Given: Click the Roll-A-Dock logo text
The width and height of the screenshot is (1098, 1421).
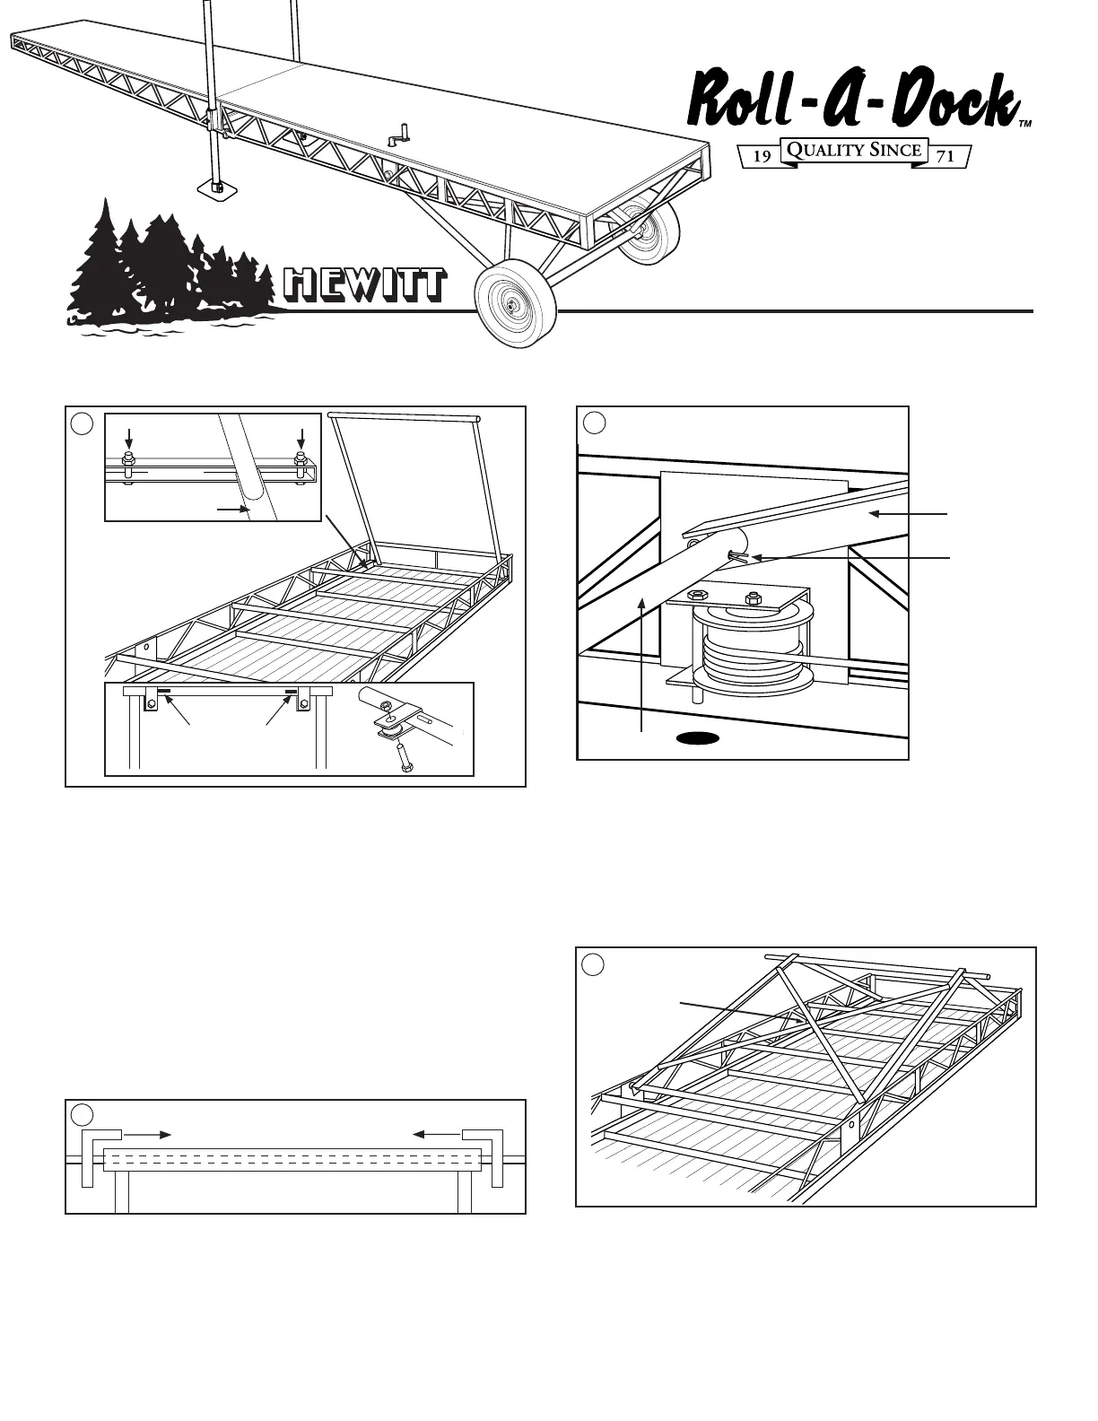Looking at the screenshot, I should [852, 100].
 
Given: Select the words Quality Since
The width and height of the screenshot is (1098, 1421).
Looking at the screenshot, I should [853, 150].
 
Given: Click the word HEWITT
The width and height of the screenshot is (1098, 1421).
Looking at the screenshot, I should [363, 285].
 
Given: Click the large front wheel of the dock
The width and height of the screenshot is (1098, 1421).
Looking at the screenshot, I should [515, 305].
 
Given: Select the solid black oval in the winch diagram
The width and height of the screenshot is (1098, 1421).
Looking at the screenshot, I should [697, 738].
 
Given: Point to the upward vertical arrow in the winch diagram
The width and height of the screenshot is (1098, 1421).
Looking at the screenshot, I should [643, 664].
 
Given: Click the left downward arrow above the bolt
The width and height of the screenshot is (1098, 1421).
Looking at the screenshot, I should [129, 439].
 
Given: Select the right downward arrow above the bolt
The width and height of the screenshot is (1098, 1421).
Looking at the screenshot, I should [302, 439].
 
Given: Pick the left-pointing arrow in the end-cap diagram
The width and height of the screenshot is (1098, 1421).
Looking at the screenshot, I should [436, 1135].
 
